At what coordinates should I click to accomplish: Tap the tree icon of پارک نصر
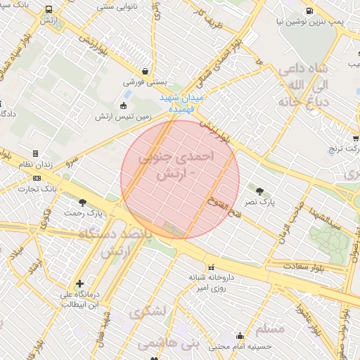pyautogui.click(x=260, y=191)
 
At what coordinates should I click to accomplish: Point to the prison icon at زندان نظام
pyautogui.click(x=35, y=153)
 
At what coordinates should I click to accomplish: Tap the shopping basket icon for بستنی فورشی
pyautogui.click(x=146, y=71)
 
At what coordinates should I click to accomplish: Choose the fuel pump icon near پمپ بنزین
pyautogui.click(x=310, y=11)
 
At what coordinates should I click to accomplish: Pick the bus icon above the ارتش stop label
pyautogui.click(x=49, y=11)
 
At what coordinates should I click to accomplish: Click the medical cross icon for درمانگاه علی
pyautogui.click(x=79, y=283)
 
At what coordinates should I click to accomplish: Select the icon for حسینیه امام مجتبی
pyautogui.click(x=240, y=335)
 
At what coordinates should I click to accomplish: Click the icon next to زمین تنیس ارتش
pyautogui.click(x=124, y=105)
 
